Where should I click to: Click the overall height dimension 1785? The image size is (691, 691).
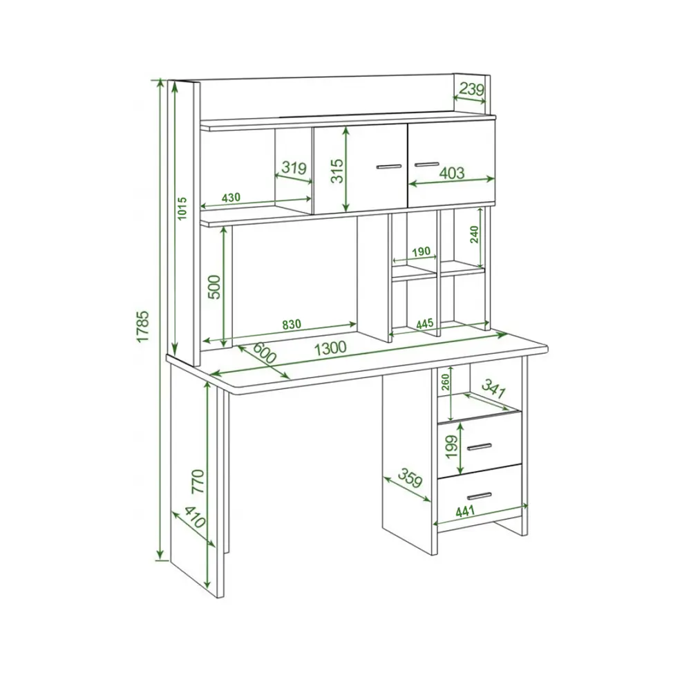click(x=142, y=326)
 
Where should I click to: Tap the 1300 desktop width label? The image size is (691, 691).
click(x=330, y=348)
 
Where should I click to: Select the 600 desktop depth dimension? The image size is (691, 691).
click(x=265, y=352)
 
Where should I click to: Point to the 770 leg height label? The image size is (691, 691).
click(x=198, y=481)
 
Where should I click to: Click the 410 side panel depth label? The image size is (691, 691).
click(x=195, y=518)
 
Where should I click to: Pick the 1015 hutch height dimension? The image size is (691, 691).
click(x=182, y=208)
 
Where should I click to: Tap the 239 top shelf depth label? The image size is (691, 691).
click(x=471, y=89)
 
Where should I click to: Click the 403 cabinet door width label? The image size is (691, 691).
click(x=452, y=173)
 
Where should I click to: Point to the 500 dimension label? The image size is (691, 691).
click(x=214, y=287)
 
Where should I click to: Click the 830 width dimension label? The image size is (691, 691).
click(x=292, y=324)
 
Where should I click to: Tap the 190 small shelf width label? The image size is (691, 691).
click(x=421, y=252)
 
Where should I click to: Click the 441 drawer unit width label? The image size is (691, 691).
click(x=465, y=511)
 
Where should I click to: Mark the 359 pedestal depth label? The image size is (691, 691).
click(x=410, y=478)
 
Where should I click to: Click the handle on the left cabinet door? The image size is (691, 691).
click(x=389, y=167)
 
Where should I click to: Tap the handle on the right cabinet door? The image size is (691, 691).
click(x=426, y=164)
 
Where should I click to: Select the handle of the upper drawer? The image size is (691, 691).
click(x=480, y=447)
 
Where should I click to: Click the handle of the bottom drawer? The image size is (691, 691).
click(x=480, y=496)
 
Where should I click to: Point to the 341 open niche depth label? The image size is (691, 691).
click(x=493, y=388)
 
